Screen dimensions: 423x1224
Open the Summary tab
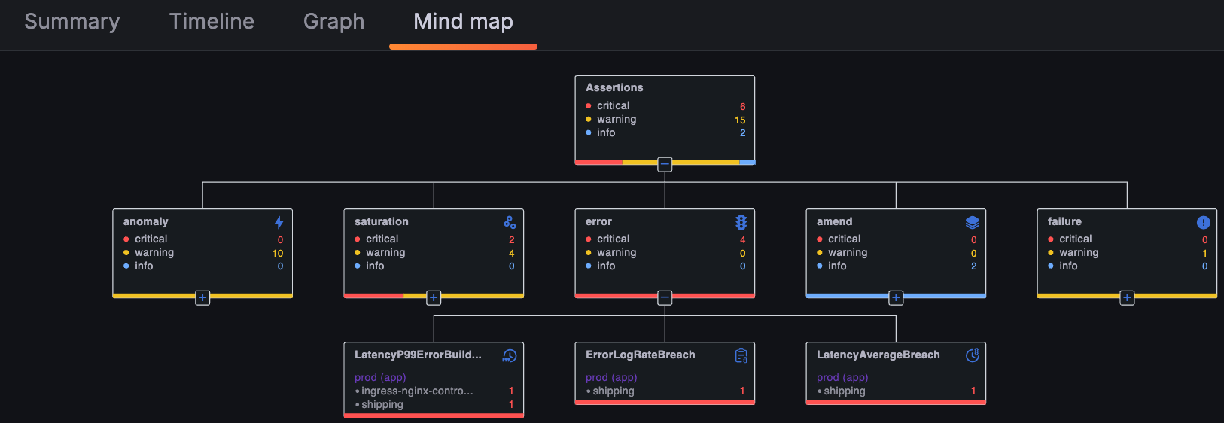pos(72,22)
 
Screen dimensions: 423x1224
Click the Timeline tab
pos(212,22)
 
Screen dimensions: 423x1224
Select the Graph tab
pos(333,22)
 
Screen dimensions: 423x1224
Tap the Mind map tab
pos(463,22)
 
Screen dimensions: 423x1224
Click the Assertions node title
pos(614,87)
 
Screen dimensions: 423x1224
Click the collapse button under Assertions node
pos(665,164)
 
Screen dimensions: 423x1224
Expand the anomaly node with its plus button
pos(202,298)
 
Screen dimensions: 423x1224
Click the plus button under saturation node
pos(434,298)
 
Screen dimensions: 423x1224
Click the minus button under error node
pos(665,298)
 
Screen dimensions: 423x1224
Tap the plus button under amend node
pos(896,298)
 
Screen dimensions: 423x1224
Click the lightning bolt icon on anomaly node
pos(279,222)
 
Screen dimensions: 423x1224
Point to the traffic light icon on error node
pos(741,222)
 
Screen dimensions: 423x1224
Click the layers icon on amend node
pos(972,222)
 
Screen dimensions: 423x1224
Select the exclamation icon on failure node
pos(1203,222)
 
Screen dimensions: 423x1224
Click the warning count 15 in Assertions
pos(739,120)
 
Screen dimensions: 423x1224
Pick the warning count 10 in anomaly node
pos(278,254)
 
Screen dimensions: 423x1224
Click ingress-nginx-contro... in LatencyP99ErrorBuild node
pos(417,391)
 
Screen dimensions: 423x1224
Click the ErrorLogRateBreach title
pos(640,355)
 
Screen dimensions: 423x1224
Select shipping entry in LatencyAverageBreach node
pos(844,391)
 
